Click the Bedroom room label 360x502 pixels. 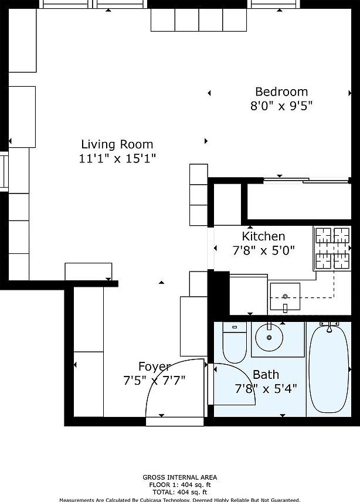[x=281, y=92]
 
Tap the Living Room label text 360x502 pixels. [x=117, y=144]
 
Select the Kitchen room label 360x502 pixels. [x=263, y=236]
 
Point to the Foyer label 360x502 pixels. [x=154, y=367]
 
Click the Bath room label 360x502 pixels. [x=266, y=374]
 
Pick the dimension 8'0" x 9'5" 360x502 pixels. [x=281, y=106]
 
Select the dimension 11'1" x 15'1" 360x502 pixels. [x=117, y=158]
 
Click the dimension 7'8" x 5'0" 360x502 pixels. [x=263, y=250]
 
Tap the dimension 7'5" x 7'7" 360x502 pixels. [x=154, y=380]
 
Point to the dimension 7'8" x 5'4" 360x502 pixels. [x=266, y=388]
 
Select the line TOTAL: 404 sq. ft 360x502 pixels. [x=179, y=492]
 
